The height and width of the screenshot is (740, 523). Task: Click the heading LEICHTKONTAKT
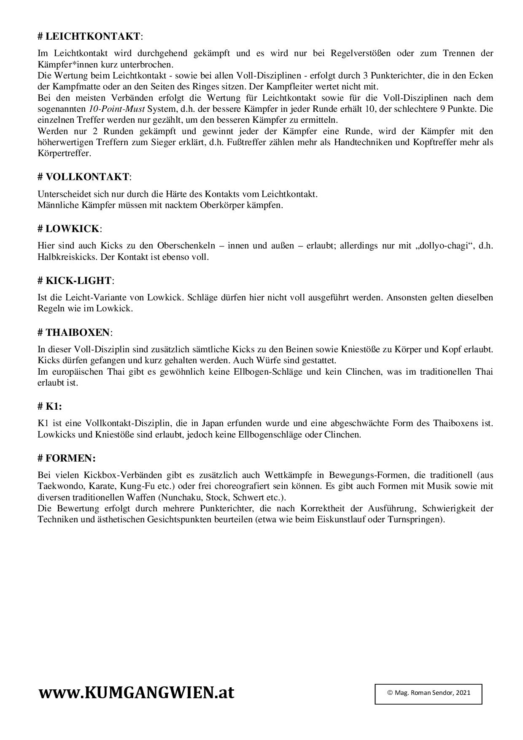[x=90, y=36]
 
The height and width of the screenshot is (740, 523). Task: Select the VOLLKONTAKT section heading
[x=84, y=177]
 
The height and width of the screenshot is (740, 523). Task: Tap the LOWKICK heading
[x=70, y=229]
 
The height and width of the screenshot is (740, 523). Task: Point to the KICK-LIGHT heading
[x=75, y=281]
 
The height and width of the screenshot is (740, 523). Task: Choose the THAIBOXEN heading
[x=75, y=332]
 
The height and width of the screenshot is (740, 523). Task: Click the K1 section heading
[x=50, y=406]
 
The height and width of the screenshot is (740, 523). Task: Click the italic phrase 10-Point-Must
[x=117, y=109]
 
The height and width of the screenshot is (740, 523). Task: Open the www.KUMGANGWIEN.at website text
[x=137, y=692]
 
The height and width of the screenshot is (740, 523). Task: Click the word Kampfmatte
[x=74, y=87]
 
